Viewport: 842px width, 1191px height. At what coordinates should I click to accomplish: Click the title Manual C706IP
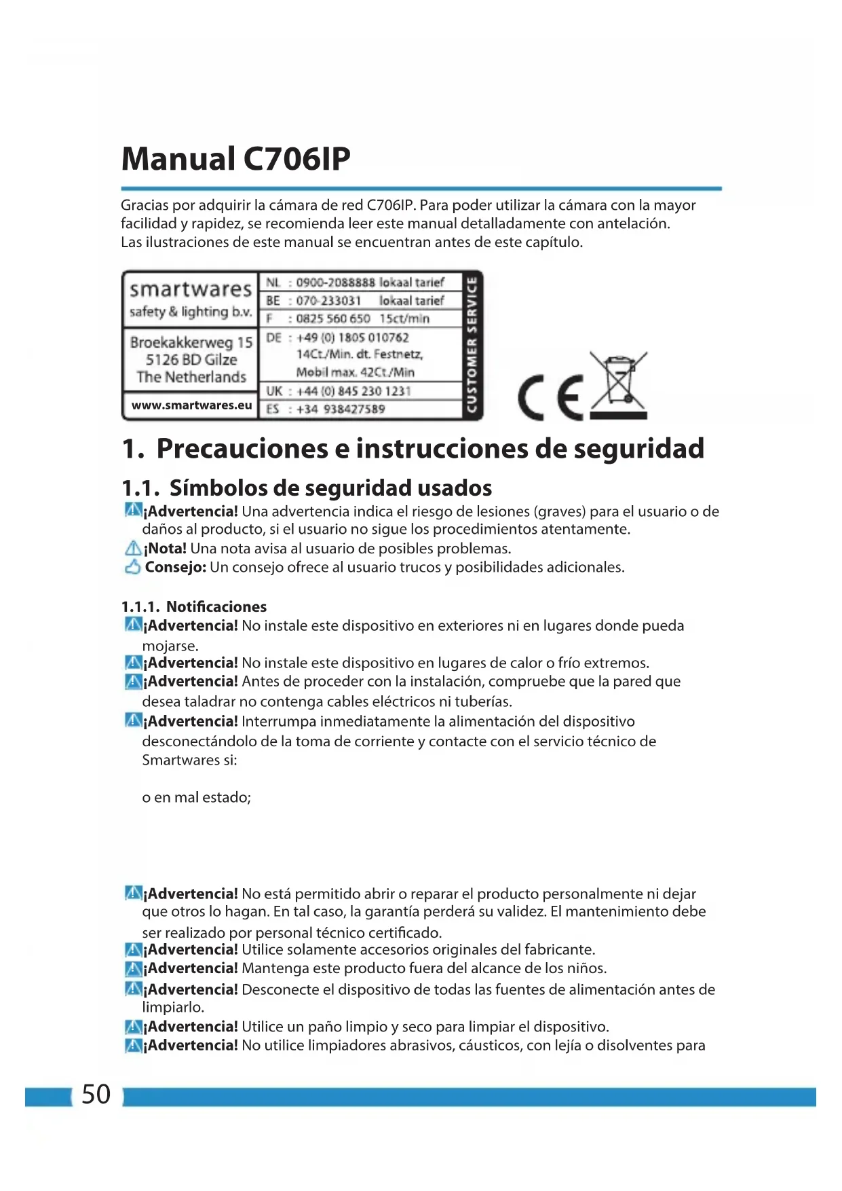[235, 160]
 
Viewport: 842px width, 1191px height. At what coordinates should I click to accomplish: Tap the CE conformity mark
[550, 399]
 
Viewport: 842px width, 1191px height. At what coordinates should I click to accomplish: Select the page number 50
[96, 1094]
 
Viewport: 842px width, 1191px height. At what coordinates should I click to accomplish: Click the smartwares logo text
[191, 289]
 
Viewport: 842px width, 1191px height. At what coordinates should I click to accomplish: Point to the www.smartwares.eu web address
[191, 405]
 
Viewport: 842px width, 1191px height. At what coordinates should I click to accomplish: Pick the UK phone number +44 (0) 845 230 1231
[353, 391]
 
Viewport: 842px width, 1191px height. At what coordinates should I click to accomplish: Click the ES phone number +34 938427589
[341, 409]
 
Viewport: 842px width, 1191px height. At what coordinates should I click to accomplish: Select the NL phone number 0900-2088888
[335, 282]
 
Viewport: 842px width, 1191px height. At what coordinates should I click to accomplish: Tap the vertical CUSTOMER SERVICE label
[472, 345]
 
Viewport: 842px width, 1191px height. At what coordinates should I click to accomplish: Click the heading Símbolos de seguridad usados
[330, 488]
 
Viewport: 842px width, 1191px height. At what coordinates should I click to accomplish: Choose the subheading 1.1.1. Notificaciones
[194, 606]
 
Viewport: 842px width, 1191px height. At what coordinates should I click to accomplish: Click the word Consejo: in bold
[176, 567]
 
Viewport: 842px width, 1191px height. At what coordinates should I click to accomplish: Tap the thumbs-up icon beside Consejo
[133, 567]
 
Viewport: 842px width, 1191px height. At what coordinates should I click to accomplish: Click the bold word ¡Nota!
[166, 549]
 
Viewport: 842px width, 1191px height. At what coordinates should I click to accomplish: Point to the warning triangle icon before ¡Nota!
[133, 549]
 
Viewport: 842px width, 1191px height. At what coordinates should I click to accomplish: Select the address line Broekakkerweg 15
[191, 342]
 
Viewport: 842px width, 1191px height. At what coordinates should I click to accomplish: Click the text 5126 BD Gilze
[191, 360]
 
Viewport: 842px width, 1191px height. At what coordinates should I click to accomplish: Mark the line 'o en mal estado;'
[197, 798]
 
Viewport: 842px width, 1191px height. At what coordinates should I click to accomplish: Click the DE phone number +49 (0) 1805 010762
[353, 337]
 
